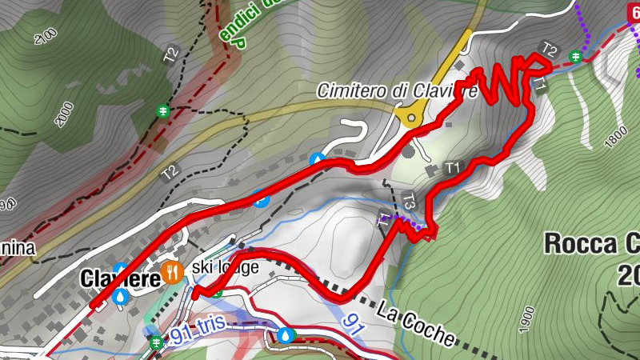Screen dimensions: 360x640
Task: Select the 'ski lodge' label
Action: [226, 267]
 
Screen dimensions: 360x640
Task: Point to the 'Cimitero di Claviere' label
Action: [397, 90]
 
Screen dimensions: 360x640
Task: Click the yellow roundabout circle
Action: [412, 118]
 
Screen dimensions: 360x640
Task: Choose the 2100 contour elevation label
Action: [46, 36]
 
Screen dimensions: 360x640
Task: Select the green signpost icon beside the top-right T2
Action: [575, 55]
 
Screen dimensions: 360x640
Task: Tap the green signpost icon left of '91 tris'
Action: [157, 342]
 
